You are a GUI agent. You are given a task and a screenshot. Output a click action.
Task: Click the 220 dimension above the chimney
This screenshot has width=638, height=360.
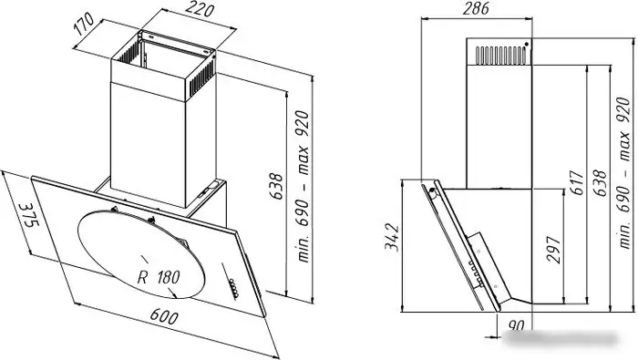(x=201, y=8)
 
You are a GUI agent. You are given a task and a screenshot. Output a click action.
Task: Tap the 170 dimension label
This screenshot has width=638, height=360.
(x=84, y=25)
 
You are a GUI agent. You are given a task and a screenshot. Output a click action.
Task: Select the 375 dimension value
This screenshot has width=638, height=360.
(x=28, y=215)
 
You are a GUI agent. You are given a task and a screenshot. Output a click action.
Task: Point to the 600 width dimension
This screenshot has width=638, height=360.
(x=164, y=316)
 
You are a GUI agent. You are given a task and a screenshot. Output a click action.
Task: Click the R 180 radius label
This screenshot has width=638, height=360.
(x=159, y=277)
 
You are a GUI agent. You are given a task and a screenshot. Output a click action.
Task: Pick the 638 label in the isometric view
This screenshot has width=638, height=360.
(x=276, y=186)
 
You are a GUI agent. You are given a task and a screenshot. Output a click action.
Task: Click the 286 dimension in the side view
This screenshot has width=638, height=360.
(x=476, y=8)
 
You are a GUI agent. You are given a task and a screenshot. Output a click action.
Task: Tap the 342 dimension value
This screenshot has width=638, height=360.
(x=392, y=237)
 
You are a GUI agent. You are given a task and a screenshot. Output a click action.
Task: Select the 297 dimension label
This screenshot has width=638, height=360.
(x=553, y=250)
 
